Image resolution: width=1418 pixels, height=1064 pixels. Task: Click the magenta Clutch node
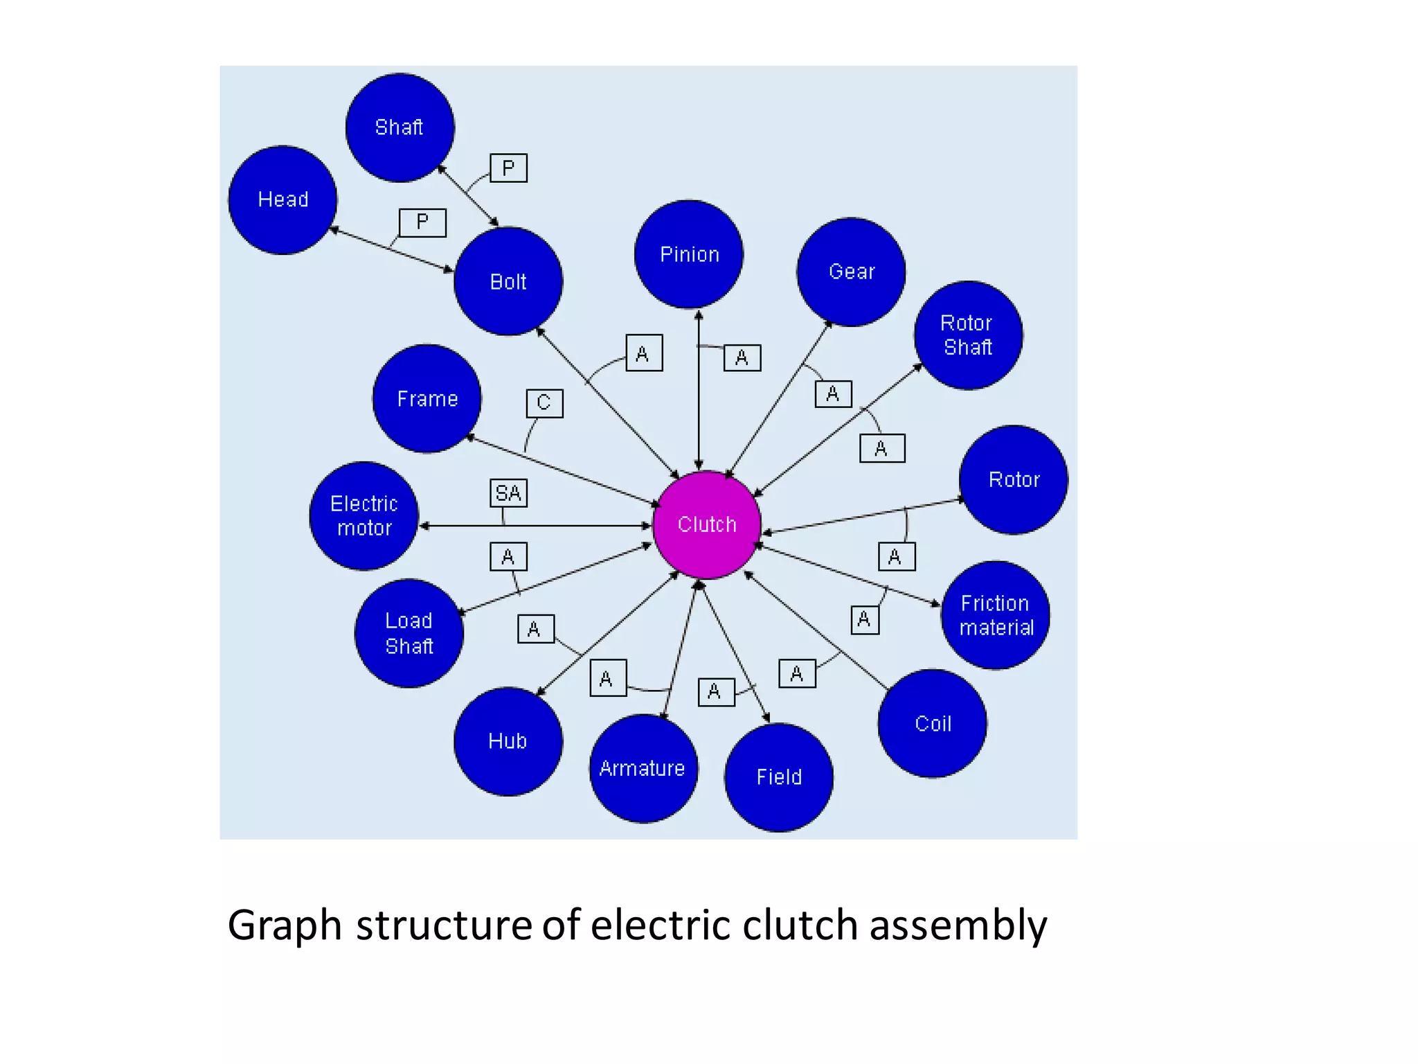coord(706,525)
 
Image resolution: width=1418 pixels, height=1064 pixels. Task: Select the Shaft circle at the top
coord(400,127)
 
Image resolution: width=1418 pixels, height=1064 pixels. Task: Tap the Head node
coord(282,200)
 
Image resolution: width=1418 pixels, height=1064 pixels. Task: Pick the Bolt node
coord(508,282)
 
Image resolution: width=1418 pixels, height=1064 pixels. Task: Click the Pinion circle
coord(689,255)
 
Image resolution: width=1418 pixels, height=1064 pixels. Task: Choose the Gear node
coord(851,272)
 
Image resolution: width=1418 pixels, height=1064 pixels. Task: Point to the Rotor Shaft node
coord(968,335)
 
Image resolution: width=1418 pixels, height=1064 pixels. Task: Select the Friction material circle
coord(995,615)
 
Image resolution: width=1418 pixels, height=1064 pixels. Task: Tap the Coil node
coord(932,724)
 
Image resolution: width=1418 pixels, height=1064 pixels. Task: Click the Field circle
coord(778,777)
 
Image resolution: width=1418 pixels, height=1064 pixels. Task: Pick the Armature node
coord(643,768)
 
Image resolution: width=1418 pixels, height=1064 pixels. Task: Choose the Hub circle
coord(508,741)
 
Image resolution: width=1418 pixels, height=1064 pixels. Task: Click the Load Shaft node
coord(409,633)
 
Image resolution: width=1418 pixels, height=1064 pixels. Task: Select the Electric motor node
coord(364,516)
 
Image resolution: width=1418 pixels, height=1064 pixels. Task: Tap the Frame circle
coord(427,399)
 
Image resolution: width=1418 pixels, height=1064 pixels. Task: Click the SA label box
coord(508,493)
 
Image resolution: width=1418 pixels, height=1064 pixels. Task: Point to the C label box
coord(544,403)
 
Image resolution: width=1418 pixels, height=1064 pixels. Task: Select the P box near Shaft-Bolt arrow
coord(508,168)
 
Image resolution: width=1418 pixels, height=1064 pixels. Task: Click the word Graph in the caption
coord(285,926)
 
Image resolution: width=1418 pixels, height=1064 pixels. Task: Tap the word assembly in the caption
coord(958,926)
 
